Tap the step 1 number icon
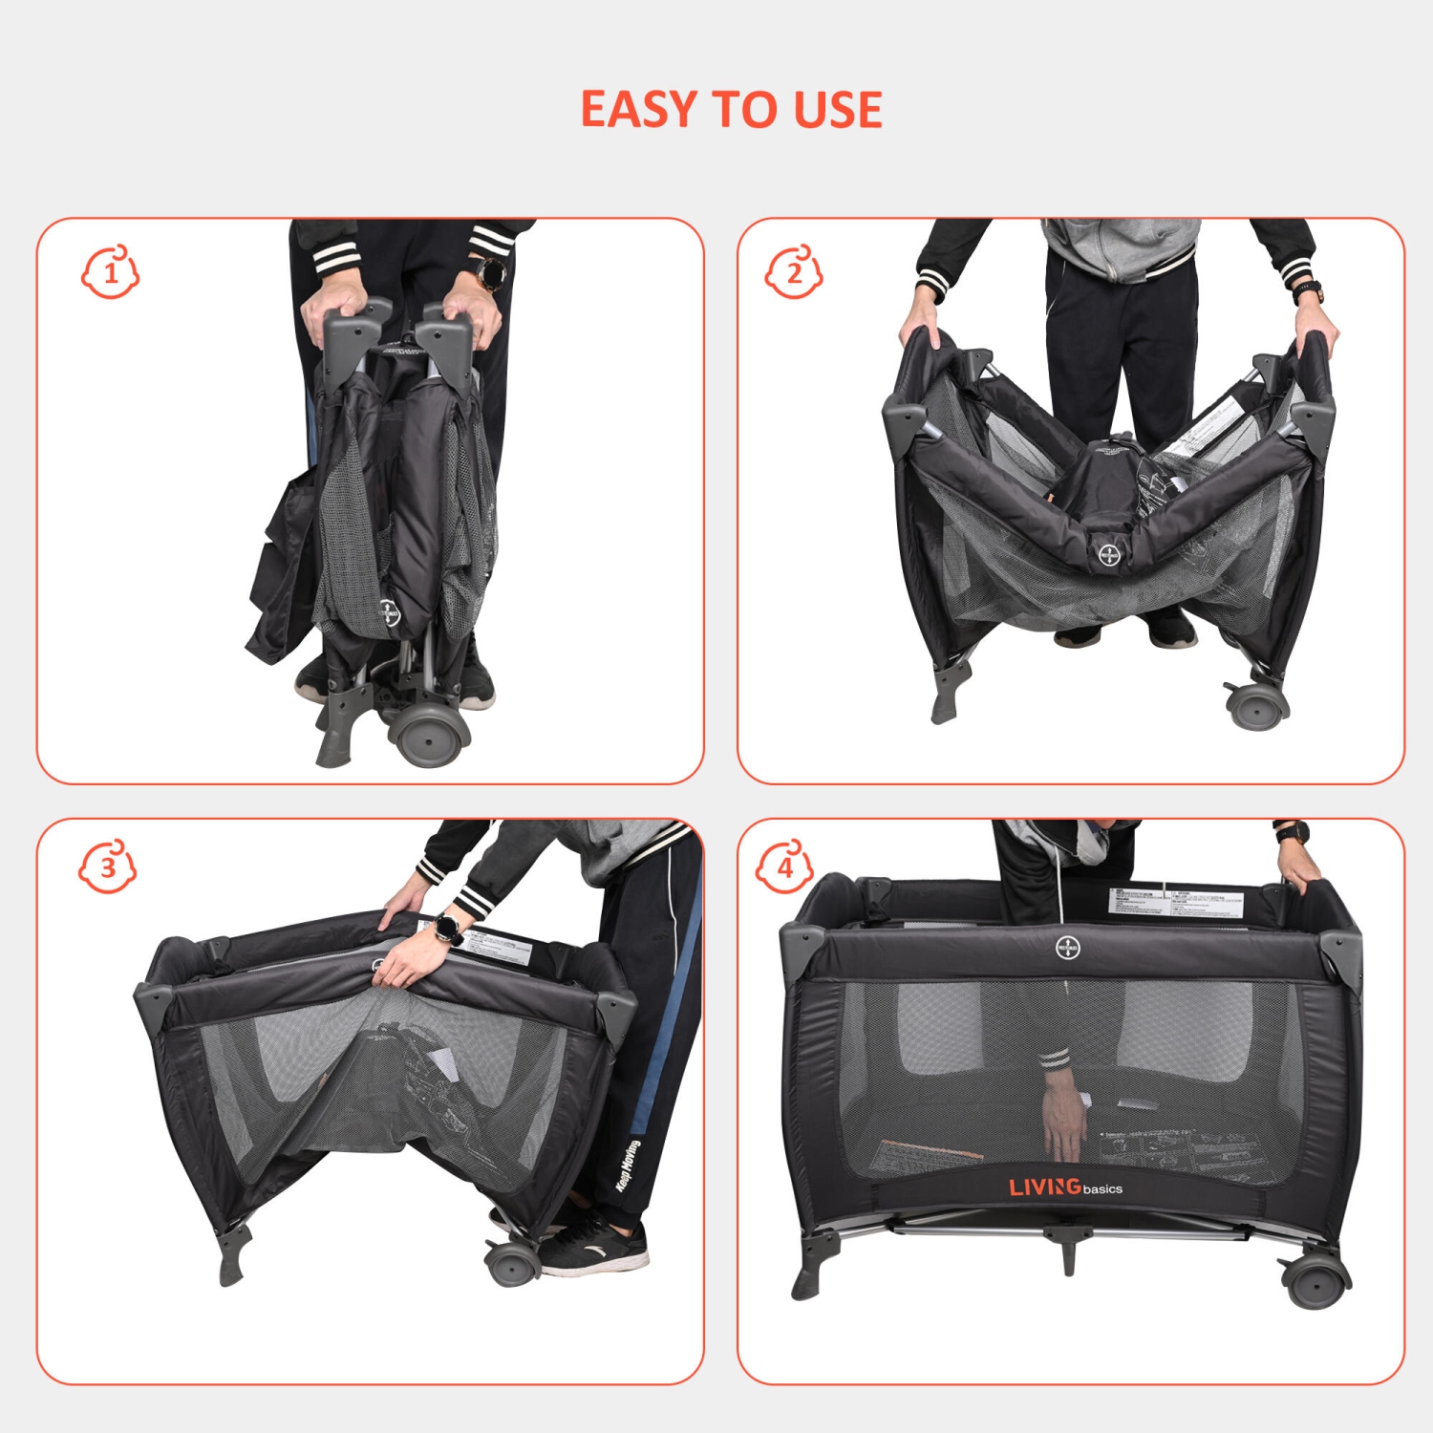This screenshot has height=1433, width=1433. [111, 273]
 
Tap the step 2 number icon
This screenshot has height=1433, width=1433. [794, 273]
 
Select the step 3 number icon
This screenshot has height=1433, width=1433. [107, 867]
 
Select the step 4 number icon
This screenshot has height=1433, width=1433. [785, 867]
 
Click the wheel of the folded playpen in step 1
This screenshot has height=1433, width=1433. [430, 736]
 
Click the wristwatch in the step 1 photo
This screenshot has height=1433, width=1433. [494, 272]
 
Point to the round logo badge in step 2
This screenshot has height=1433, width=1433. [1109, 555]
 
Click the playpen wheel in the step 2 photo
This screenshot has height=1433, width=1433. [1257, 705]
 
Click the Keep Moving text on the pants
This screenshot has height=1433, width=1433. [627, 1165]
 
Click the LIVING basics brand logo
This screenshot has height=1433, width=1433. [1065, 1187]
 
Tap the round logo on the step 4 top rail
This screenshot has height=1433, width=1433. [1067, 948]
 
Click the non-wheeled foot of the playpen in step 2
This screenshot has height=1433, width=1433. [950, 692]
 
